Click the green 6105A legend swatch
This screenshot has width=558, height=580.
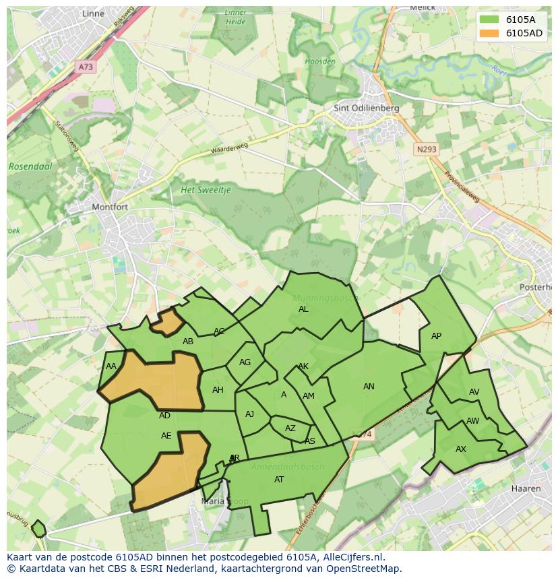coord(490,19)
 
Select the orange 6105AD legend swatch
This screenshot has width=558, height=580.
coord(490,32)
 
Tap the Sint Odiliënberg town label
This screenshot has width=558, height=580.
coord(367,108)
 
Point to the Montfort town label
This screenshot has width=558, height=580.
coord(109,207)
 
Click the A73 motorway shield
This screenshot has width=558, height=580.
coord(86,67)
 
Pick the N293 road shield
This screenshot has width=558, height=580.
coord(426,150)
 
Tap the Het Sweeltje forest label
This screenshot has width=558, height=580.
coord(206,190)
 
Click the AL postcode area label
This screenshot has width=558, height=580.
coord(303,309)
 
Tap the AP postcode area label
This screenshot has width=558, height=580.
coord(436,336)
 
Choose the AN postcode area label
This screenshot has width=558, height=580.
coord(369,387)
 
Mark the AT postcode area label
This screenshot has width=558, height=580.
coord(279,480)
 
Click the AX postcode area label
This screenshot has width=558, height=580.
coord(461,449)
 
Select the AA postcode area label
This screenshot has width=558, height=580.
coord(111,366)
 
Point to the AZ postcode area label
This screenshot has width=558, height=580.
coord(290,428)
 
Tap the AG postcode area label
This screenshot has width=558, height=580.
coord(245,362)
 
